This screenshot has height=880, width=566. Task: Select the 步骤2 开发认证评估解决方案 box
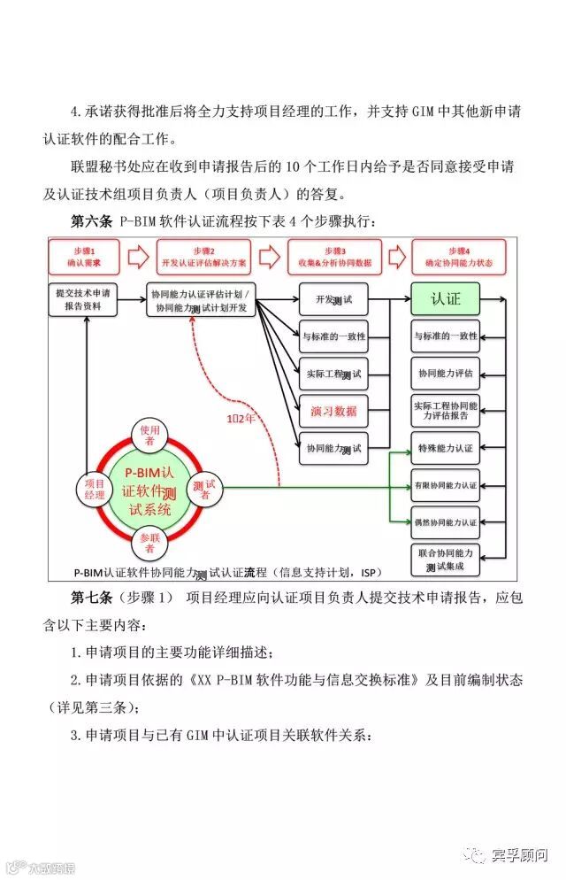click(205, 257)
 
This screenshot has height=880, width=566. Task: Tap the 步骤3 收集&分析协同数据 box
click(334, 257)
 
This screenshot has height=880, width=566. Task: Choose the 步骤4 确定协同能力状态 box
click(457, 257)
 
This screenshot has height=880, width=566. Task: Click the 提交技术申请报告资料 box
click(84, 298)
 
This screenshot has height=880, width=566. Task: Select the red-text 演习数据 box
click(333, 411)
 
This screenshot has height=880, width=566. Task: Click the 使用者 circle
click(147, 435)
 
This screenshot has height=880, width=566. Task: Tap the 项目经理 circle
click(95, 489)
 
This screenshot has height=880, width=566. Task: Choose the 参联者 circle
click(147, 542)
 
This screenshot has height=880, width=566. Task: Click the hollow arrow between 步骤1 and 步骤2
click(138, 257)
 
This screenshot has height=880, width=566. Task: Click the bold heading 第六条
click(89, 220)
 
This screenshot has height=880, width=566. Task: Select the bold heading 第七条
click(89, 597)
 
